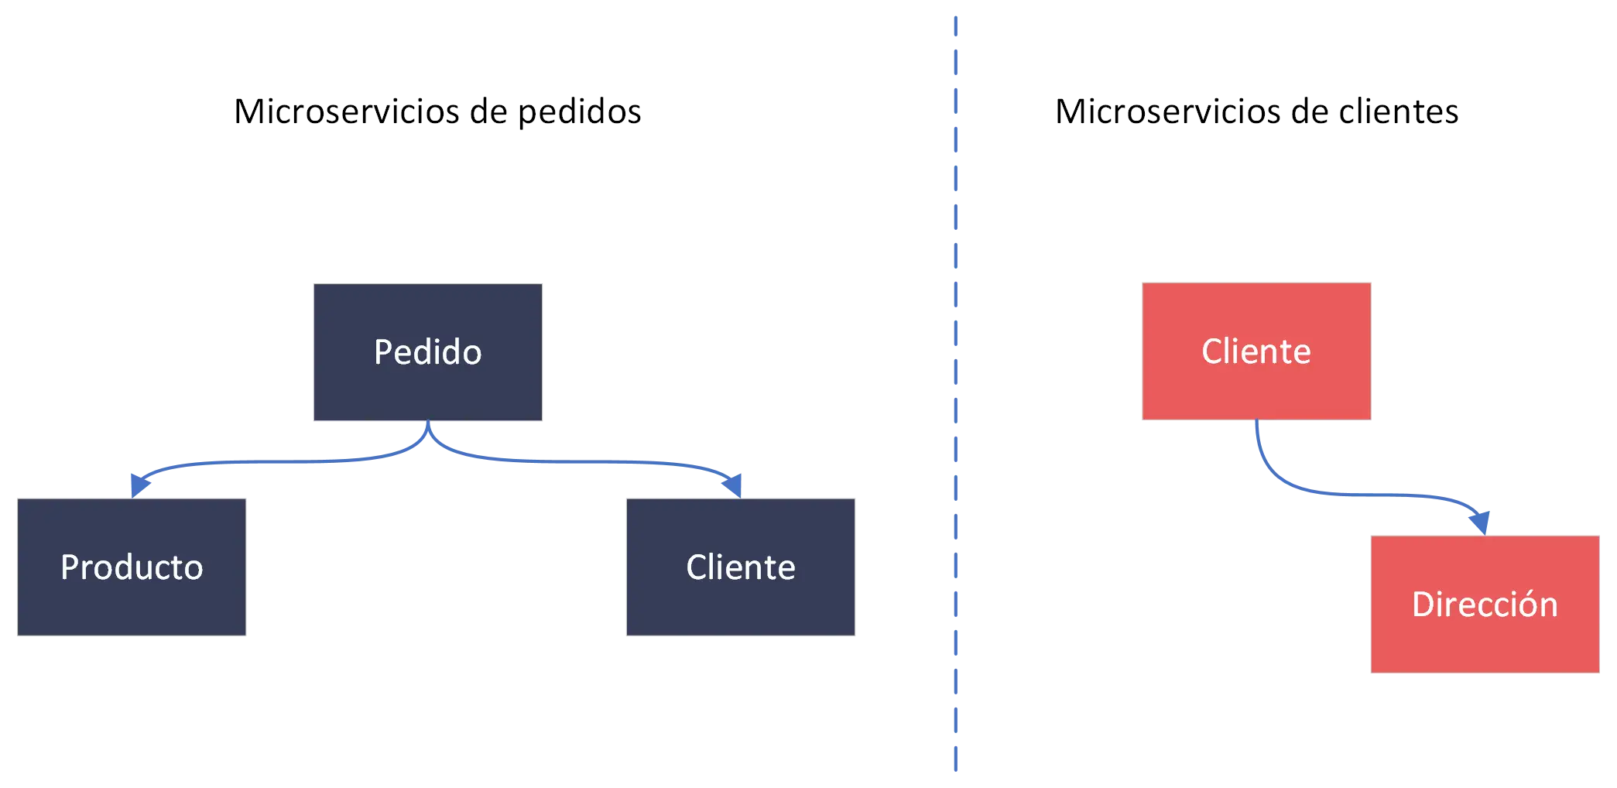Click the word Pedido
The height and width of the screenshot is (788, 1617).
pos(427,352)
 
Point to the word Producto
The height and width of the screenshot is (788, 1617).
pos(132,567)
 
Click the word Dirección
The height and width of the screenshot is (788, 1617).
pos(1485,605)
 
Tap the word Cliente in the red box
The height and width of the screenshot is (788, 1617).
pos(1256,351)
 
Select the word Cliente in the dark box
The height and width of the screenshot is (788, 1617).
pos(741,567)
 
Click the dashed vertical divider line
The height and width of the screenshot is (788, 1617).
pos(957,387)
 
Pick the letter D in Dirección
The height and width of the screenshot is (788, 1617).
pos(1423,605)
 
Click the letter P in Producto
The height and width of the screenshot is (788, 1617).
pos(70,567)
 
